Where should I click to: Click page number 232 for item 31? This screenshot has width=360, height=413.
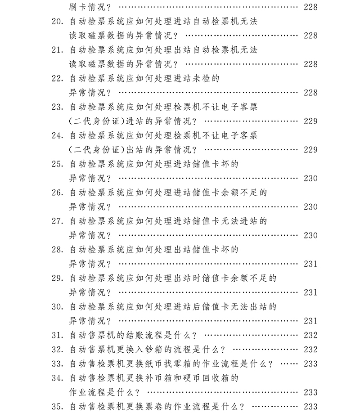pos(310,336)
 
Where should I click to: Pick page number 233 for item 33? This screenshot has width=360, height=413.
pos(310,364)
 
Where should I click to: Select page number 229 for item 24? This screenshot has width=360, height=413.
pos(310,150)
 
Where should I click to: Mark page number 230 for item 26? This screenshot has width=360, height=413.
pos(310,207)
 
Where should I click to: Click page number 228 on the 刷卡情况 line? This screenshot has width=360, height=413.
pos(310,7)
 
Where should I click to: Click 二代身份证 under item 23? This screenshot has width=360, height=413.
pos(98,121)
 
